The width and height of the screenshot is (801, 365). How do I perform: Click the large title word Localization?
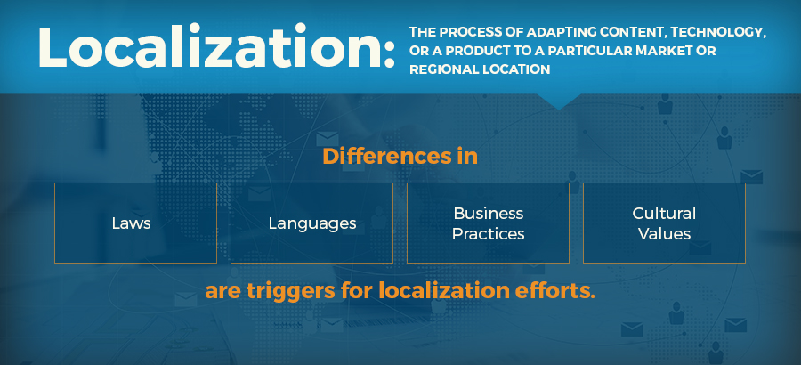[210, 47]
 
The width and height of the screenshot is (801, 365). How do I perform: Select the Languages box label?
[312, 224]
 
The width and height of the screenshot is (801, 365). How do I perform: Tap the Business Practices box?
[488, 223]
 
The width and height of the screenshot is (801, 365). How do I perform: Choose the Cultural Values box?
[664, 223]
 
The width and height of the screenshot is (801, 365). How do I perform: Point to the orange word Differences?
[378, 157]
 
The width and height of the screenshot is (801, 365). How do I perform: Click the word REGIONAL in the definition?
[437, 69]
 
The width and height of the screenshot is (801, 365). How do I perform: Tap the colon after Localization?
[390, 54]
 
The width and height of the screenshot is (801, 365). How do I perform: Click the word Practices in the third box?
[488, 234]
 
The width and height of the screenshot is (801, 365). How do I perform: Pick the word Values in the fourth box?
[664, 234]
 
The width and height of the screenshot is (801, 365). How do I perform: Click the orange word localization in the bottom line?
[444, 291]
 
